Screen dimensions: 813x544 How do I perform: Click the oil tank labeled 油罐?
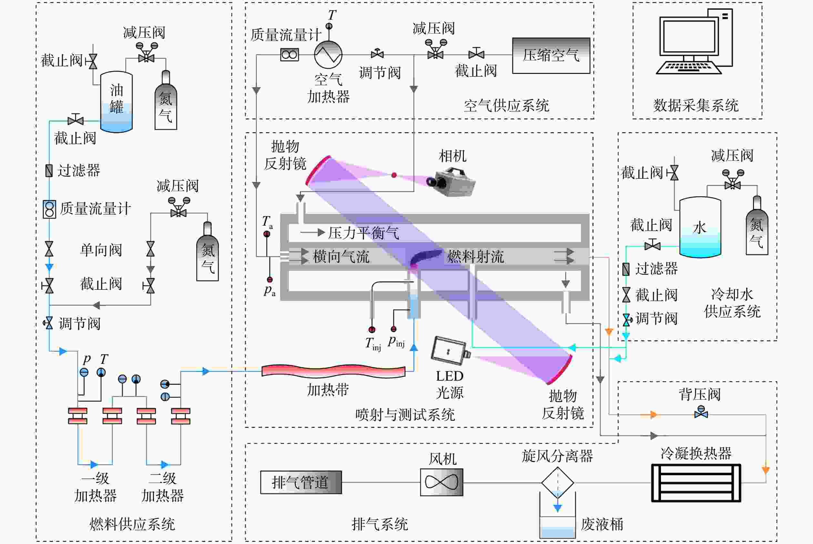(116, 102)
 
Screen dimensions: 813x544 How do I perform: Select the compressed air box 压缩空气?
(551, 56)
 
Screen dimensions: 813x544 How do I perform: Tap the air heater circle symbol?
(328, 55)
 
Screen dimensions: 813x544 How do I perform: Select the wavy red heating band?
(333, 371)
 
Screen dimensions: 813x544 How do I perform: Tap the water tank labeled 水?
(700, 227)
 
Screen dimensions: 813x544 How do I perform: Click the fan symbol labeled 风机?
(442, 482)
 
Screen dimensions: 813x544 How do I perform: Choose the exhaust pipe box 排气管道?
(301, 482)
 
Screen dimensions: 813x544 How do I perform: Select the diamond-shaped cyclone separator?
(557, 483)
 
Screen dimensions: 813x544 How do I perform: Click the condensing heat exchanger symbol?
(696, 483)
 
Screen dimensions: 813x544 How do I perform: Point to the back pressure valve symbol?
(701, 413)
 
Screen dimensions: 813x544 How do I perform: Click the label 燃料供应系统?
(132, 524)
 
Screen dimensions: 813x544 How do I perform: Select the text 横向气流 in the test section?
(341, 257)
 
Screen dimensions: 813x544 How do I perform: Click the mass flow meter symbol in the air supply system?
(290, 55)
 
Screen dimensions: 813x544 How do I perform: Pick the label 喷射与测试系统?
(405, 415)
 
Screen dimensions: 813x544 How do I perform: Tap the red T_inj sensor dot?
(372, 330)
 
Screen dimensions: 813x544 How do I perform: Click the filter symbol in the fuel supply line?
(49, 170)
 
